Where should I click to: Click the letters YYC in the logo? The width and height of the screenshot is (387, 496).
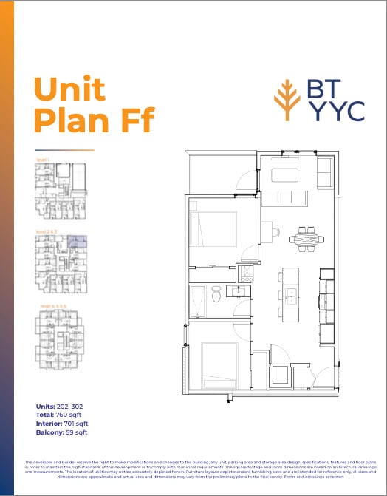335,111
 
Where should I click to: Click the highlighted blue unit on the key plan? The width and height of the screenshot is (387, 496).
77,242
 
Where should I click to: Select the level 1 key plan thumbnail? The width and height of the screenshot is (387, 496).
61,190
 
